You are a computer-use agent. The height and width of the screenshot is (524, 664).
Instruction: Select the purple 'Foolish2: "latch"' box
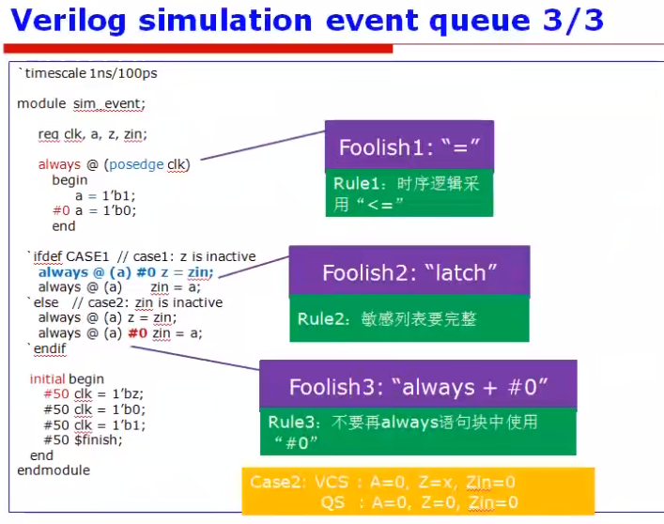click(x=409, y=272)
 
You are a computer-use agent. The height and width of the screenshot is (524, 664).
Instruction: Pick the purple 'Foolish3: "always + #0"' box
click(x=418, y=386)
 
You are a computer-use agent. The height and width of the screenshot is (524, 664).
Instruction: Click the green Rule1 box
click(x=409, y=194)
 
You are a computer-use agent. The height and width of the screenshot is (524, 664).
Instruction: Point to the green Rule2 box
click(x=409, y=319)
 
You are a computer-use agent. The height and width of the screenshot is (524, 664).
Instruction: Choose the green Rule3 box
click(x=418, y=432)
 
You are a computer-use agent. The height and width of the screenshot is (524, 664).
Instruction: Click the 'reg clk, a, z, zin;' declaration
click(x=92, y=134)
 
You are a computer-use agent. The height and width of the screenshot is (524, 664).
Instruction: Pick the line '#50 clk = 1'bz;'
click(x=88, y=393)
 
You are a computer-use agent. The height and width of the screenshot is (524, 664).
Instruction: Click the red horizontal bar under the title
click(x=197, y=48)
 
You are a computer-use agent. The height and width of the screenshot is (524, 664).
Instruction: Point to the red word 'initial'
click(x=47, y=378)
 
